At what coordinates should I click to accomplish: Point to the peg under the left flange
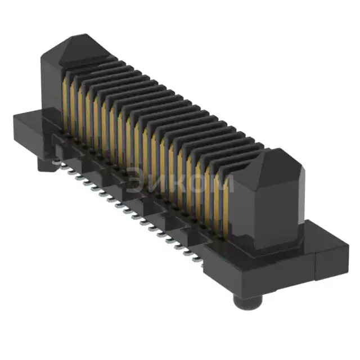coord(45,163)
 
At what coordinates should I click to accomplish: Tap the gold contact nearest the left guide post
coord(66,101)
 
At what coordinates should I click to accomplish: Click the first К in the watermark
coord(175,182)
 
